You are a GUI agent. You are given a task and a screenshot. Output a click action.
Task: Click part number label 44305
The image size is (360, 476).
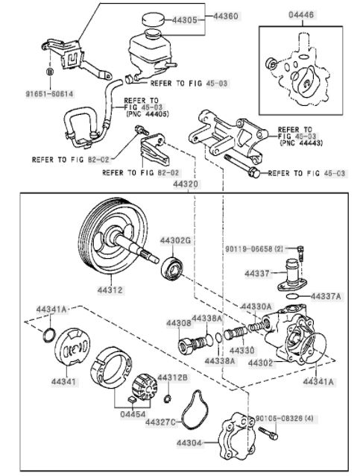click(x=184, y=20)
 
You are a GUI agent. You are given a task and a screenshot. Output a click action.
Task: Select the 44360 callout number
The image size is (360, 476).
click(x=226, y=16)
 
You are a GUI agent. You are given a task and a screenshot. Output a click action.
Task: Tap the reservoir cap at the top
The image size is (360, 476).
click(x=153, y=19)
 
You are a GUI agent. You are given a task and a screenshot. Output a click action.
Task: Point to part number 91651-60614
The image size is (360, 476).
click(x=49, y=94)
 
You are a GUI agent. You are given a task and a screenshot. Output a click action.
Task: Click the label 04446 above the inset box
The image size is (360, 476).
click(x=301, y=15)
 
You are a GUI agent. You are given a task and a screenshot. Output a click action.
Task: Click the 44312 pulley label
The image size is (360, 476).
click(x=110, y=290)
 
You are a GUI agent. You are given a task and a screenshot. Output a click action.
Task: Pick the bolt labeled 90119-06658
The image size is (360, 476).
click(x=300, y=253)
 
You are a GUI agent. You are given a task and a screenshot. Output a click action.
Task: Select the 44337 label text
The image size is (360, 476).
click(x=257, y=274)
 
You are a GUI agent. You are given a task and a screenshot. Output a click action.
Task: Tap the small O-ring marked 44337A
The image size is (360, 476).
click(x=292, y=295)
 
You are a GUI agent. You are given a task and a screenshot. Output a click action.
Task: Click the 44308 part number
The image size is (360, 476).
click(x=179, y=323)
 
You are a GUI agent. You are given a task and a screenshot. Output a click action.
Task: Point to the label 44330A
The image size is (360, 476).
click(x=256, y=307)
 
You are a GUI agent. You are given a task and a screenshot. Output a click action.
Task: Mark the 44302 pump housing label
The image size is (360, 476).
click(x=261, y=363)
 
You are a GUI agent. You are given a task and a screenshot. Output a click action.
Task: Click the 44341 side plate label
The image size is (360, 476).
click(x=63, y=381)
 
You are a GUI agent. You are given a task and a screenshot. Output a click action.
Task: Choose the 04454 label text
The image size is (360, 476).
click(x=133, y=414)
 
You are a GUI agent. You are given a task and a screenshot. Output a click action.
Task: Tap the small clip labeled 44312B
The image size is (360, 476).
click(x=166, y=399)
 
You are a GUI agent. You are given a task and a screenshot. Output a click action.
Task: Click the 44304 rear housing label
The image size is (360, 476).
click(x=189, y=443)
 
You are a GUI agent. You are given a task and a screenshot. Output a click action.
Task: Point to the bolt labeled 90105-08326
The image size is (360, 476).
click(x=268, y=433)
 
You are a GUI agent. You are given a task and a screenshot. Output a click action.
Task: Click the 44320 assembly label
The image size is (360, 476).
click(x=186, y=184)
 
